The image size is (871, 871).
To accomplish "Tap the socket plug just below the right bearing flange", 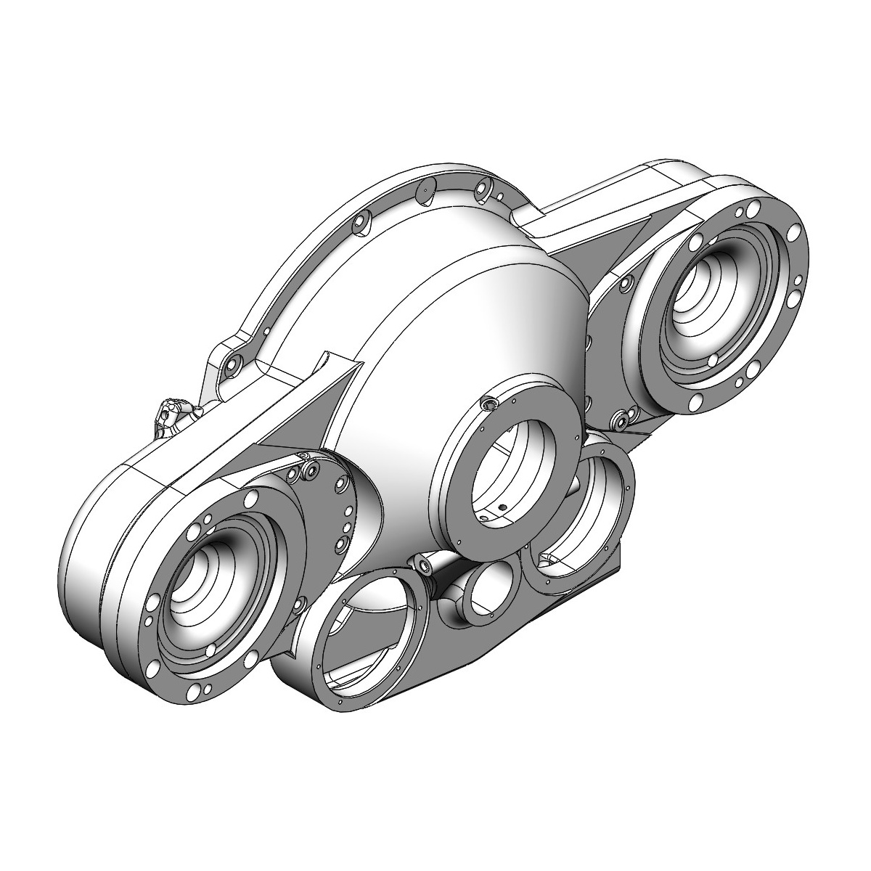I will pyautogui.click(x=621, y=419).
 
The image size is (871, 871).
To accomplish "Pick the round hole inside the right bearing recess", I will pyautogui.click(x=713, y=359).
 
